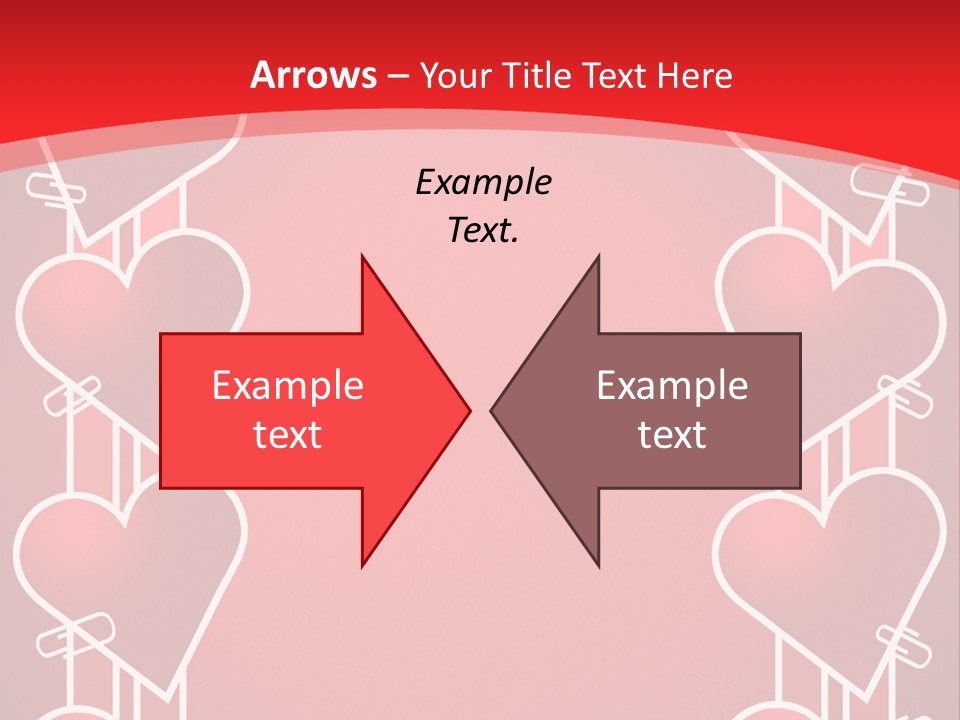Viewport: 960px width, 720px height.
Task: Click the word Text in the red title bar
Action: [614, 75]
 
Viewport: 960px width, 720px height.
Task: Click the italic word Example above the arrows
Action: [484, 183]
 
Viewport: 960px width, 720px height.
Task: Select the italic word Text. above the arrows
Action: [484, 231]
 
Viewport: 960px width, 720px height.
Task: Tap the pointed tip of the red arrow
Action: [470, 410]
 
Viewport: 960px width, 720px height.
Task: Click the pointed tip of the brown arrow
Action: [491, 410]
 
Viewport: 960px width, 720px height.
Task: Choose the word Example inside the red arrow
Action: [288, 386]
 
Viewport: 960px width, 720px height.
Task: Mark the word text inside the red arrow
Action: [288, 434]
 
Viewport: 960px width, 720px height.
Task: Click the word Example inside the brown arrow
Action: [672, 386]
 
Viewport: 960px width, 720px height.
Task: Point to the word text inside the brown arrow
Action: [672, 434]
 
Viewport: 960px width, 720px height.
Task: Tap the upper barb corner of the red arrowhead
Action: [362, 256]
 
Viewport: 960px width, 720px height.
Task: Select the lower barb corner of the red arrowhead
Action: [362, 566]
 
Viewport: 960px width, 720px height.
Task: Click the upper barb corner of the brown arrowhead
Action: [599, 256]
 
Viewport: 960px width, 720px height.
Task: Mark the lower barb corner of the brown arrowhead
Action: [599, 566]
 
